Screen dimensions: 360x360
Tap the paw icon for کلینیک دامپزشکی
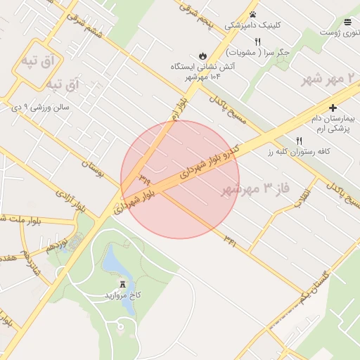[x=252, y=14]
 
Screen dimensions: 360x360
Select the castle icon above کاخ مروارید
[x=124, y=283]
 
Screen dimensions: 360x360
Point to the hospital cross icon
[x=333, y=108]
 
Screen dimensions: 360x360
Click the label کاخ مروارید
[x=124, y=295]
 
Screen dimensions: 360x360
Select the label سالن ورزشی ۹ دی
[x=42, y=107]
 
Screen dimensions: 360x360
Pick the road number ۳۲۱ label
[x=230, y=238]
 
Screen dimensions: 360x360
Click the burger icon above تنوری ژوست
[x=347, y=22]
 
